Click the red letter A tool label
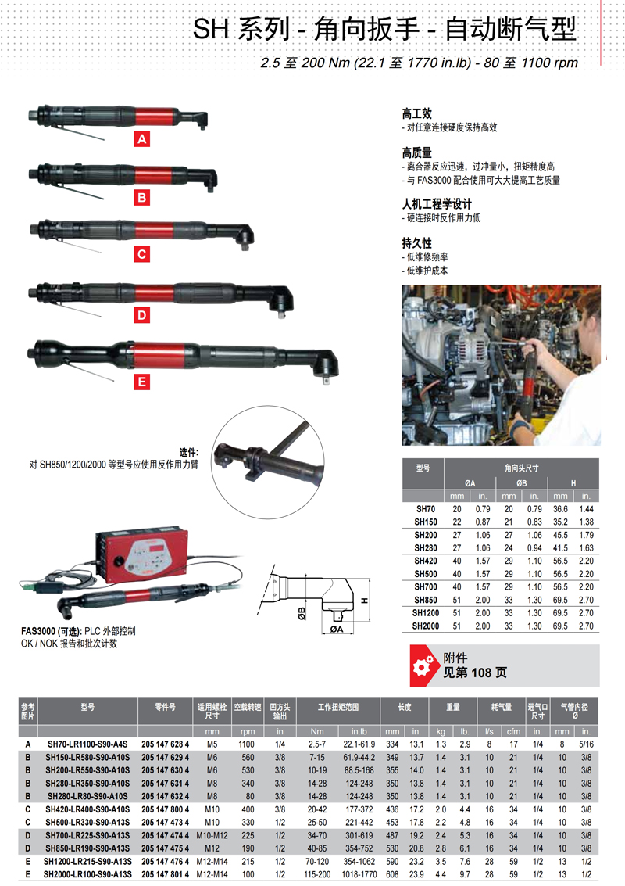pyautogui.click(x=141, y=139)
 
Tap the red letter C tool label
pyautogui.click(x=141, y=254)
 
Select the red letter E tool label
pyautogui.click(x=141, y=382)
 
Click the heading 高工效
pyautogui.click(x=416, y=113)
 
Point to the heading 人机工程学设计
pyautogui.click(x=437, y=204)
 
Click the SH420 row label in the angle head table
pyautogui.click(x=425, y=561)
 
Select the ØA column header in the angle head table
pyautogui.click(x=470, y=483)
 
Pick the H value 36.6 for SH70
pyautogui.click(x=560, y=509)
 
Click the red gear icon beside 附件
pyautogui.click(x=423, y=665)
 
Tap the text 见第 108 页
pyautogui.click(x=474, y=673)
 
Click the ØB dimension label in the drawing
pyautogui.click(x=302, y=613)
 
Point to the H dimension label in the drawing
pyautogui.click(x=365, y=600)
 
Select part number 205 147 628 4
pyautogui.click(x=165, y=744)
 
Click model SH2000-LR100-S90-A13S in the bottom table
pyautogui.click(x=87, y=875)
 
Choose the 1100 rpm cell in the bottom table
pyautogui.click(x=247, y=744)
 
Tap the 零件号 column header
pyautogui.click(x=165, y=707)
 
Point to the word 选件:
pyautogui.click(x=188, y=452)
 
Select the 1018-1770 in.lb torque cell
pyautogui.click(x=359, y=875)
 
